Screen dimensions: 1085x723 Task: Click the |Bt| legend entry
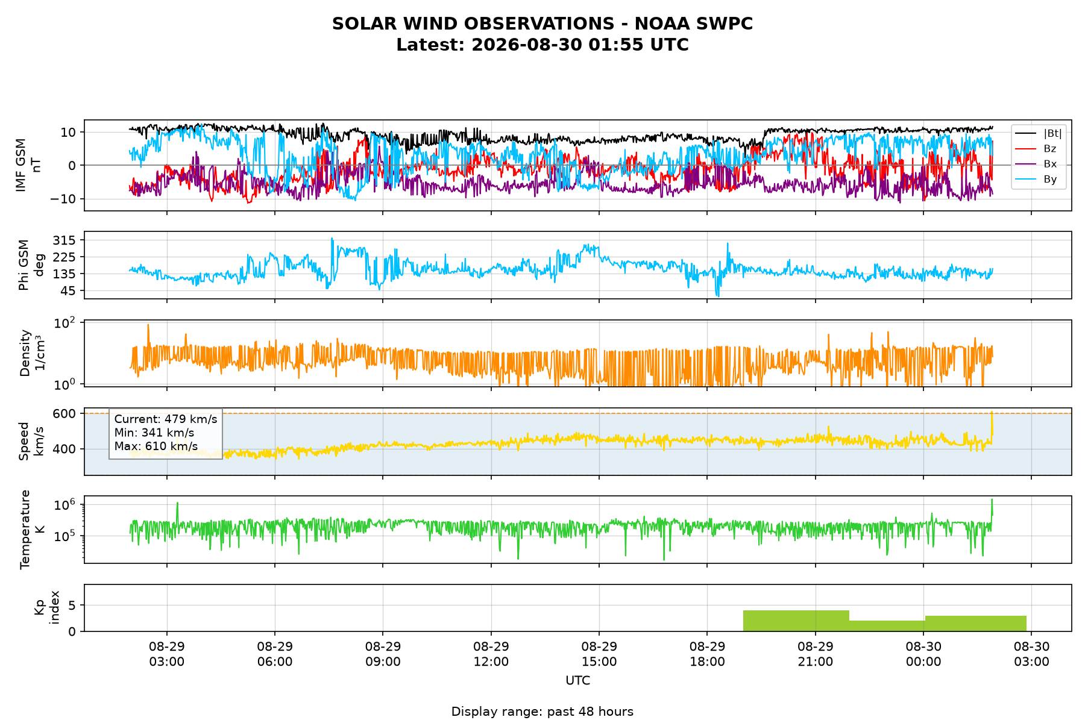1039,133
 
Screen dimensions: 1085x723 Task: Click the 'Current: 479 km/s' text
166,419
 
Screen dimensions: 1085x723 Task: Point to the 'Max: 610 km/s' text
156,446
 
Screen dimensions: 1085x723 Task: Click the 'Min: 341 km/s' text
154,433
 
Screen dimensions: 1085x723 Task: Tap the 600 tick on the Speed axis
68,413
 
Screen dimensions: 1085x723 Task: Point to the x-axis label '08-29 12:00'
491,654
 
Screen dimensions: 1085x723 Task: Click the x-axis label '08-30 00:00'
923,654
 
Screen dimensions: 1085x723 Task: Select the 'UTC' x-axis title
577,681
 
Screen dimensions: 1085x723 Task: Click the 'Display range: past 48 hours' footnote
542,712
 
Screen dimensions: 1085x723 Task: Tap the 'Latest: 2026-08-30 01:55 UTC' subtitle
542,45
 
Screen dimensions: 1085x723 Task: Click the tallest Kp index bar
796,621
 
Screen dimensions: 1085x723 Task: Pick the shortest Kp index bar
887,626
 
